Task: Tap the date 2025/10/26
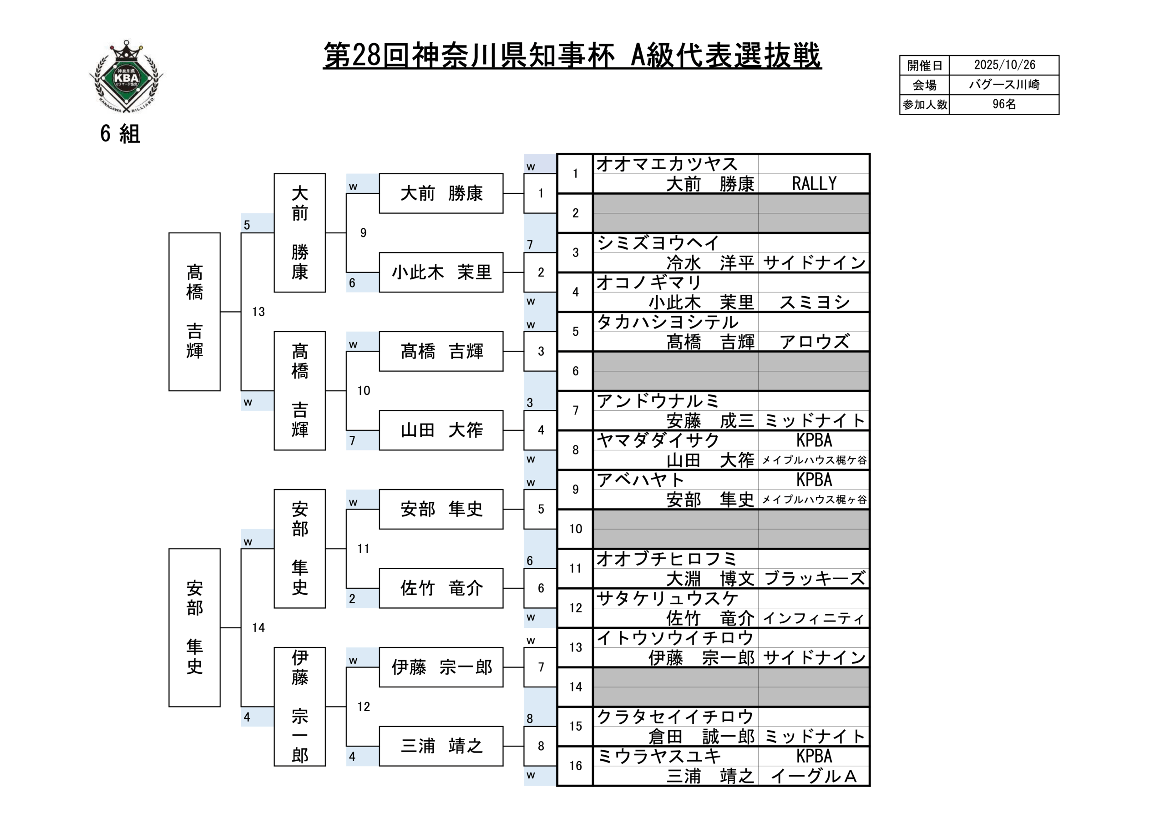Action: coord(1004,65)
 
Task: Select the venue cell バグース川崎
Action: coord(1004,85)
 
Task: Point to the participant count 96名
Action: coord(1004,105)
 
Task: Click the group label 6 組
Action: coord(120,134)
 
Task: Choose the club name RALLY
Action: coord(814,184)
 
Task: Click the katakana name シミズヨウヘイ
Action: coord(658,243)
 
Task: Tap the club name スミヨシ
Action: coord(814,303)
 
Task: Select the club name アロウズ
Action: coord(814,342)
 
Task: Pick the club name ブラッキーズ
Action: coord(814,578)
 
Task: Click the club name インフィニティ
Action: coord(814,618)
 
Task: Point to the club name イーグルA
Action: coord(814,776)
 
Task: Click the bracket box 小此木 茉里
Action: coord(441,273)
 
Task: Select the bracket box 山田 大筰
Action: coord(441,430)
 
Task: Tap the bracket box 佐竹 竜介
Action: coord(441,588)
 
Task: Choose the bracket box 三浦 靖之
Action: coord(441,746)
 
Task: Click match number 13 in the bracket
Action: coord(258,312)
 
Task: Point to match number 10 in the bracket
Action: coord(363,391)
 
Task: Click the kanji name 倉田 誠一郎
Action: coord(701,737)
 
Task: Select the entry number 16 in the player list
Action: coord(575,766)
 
